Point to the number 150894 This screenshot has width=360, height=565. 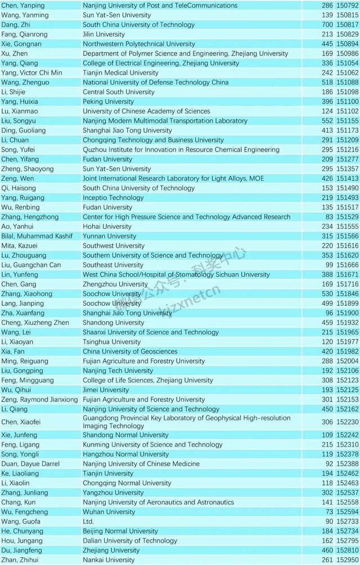pos(348,44)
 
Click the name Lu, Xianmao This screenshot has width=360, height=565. pos(19,111)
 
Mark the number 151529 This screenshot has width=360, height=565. pos(348,217)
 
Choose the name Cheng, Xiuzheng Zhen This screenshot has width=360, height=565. pos(35,323)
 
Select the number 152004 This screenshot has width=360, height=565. pos(348,361)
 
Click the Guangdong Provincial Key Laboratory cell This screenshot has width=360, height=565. pos(186,422)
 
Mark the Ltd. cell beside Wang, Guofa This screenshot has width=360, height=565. pos(88,522)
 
